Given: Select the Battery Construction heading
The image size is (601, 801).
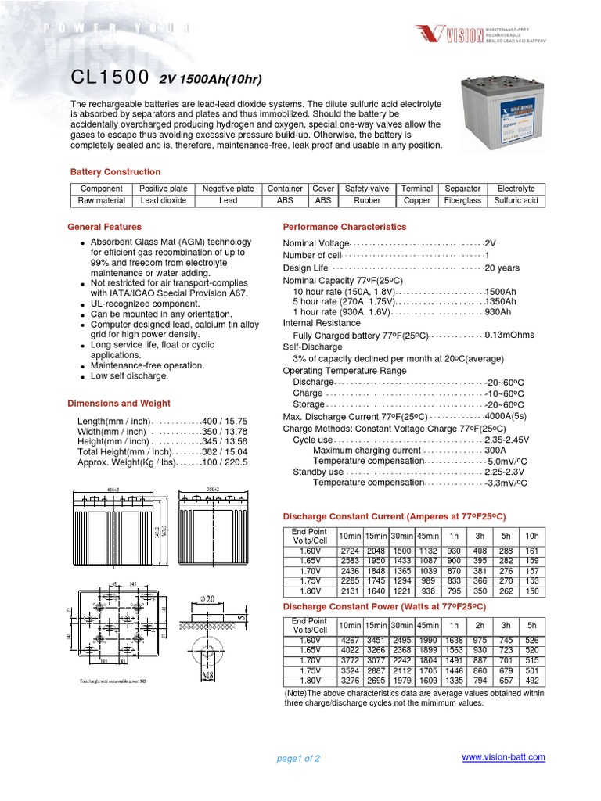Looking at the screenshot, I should click(x=115, y=171).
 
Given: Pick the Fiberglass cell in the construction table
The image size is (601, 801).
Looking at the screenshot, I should click(x=462, y=201).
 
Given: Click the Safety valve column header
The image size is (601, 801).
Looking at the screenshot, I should click(x=367, y=189).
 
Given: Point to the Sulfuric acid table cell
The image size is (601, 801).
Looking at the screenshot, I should click(x=516, y=201).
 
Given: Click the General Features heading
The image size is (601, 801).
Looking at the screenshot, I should click(x=105, y=227).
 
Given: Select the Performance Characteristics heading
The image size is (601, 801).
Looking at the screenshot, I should click(x=344, y=227).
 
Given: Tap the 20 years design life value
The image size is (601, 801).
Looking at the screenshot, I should click(x=502, y=268).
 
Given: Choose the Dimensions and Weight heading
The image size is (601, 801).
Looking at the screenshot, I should click(x=118, y=404).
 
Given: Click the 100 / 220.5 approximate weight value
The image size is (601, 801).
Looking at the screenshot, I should click(x=225, y=463).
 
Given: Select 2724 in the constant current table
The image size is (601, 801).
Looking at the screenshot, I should click(x=349, y=551).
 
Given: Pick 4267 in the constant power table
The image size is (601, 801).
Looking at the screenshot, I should click(x=349, y=641).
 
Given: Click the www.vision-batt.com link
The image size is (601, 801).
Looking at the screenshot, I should click(x=504, y=757).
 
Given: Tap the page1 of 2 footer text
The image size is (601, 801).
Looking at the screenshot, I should click(x=298, y=759).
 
